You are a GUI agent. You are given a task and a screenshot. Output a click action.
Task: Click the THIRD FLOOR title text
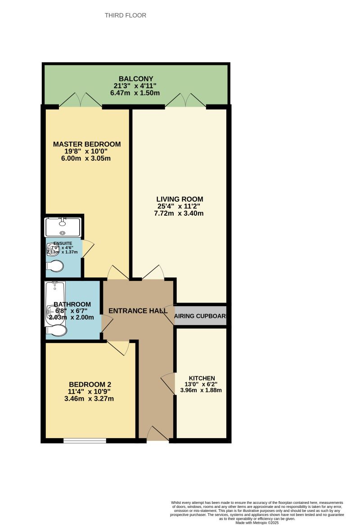tap(126, 15)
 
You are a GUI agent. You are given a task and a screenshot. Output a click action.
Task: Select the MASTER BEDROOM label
tap(87, 144)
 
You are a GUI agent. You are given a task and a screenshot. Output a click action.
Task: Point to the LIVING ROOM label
tap(180, 199)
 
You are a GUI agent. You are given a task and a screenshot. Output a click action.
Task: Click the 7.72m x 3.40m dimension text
tap(179, 213)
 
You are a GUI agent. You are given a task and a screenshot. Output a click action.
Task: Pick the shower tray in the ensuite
tap(63, 227)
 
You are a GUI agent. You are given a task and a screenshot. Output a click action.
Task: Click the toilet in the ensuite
tap(55, 267)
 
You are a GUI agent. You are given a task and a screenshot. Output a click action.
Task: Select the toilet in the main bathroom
tap(56, 331)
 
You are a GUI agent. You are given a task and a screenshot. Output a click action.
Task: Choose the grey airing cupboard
tap(200, 316)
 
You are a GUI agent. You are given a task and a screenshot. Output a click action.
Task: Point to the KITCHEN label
tap(202, 378)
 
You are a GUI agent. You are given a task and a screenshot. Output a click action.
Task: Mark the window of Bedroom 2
tap(85, 440)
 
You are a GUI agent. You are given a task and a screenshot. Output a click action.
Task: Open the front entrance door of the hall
tap(157, 434)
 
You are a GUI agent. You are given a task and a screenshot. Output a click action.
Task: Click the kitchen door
tap(169, 383)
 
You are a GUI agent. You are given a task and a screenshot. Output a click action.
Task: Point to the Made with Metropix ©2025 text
tap(257, 522)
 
